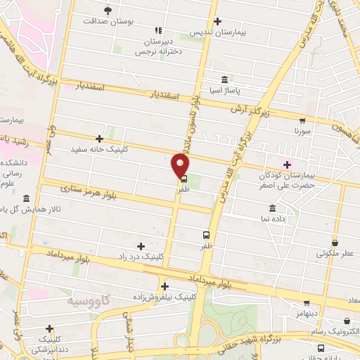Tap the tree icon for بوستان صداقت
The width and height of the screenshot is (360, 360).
click(108, 10)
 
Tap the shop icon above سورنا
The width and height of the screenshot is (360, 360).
click(302, 120)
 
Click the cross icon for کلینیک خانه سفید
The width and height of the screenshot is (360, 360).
click(99, 139)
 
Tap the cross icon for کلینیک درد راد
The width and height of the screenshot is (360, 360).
click(141, 245)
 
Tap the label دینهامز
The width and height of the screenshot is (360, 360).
click(308, 311)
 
